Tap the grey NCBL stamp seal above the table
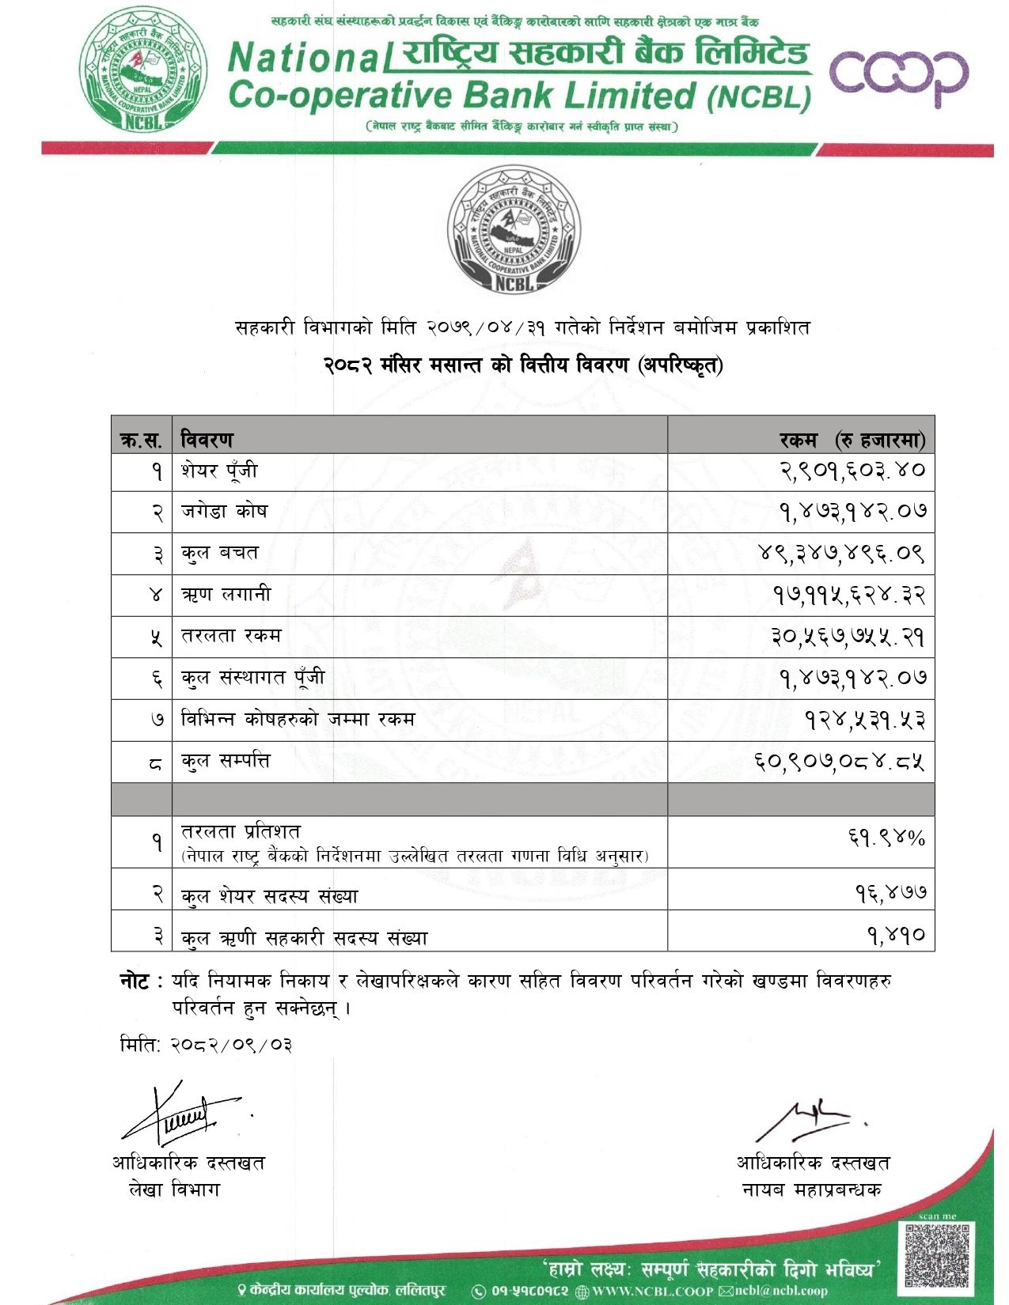tap(514, 229)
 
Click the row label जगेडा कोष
tap(224, 511)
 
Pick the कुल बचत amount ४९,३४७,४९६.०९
tap(841, 552)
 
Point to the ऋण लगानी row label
tap(226, 594)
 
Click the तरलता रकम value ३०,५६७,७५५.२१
tap(848, 636)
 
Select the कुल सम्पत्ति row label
tap(226, 761)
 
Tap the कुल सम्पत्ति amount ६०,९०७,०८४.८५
tap(839, 761)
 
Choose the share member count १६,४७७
tap(890, 893)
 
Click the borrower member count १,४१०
tap(896, 936)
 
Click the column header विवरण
tap(207, 439)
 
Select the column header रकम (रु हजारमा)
tap(852, 440)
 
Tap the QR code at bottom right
tap(937, 1254)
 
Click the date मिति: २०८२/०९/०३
tap(206, 1044)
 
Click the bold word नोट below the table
tap(135, 982)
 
